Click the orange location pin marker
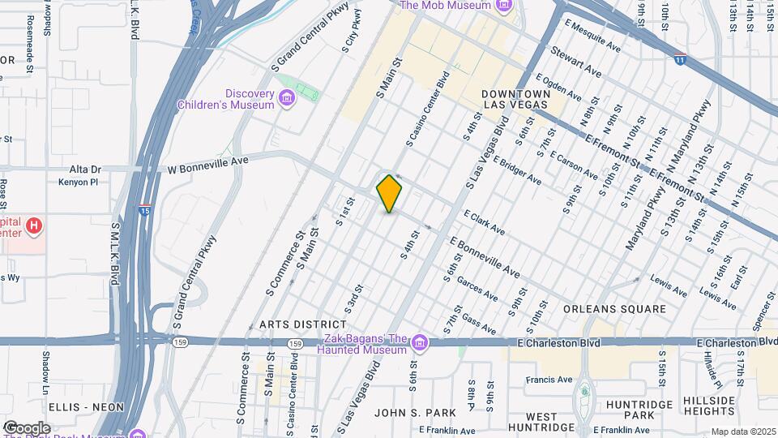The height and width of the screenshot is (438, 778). pyautogui.click(x=390, y=194)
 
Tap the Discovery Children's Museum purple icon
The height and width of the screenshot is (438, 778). pyautogui.click(x=286, y=99)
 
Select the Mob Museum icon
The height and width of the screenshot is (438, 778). pyautogui.click(x=503, y=6)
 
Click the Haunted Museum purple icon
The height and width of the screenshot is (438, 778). pyautogui.click(x=419, y=343)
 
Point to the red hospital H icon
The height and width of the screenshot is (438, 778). pyautogui.click(x=33, y=225)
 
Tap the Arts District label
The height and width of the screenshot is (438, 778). pyautogui.click(x=292, y=324)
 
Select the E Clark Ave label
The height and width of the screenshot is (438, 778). pyautogui.click(x=484, y=224)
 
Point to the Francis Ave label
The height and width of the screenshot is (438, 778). pyautogui.click(x=549, y=379)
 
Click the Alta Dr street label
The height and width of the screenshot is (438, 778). pyautogui.click(x=85, y=170)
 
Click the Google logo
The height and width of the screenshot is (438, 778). pyautogui.click(x=26, y=427)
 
